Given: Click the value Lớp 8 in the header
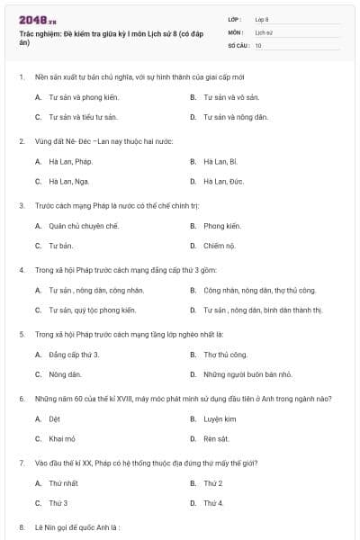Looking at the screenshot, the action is (x=262, y=19).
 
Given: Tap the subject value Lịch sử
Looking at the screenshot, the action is (x=264, y=31).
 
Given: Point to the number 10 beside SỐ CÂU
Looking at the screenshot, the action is (x=258, y=44).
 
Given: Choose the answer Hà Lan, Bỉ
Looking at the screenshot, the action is (x=220, y=161).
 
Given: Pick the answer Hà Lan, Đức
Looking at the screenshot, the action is (x=221, y=181).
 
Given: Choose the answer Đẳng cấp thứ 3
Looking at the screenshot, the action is (x=74, y=355).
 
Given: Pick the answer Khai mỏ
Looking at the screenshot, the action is (x=61, y=438).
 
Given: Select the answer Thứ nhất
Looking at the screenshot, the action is (x=65, y=483).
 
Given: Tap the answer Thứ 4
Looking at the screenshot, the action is (x=213, y=502).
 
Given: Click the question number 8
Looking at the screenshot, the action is (x=21, y=526).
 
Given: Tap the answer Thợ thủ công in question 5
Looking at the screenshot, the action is (x=225, y=355).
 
